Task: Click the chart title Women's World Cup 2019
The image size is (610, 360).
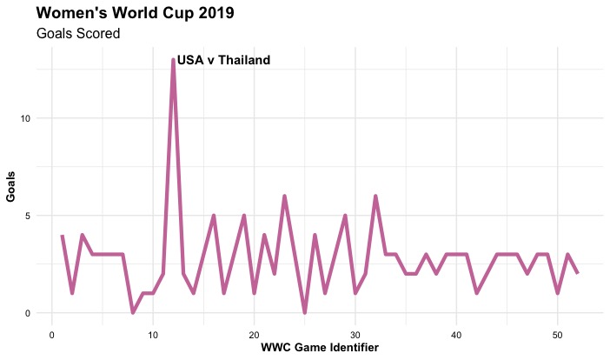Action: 135,13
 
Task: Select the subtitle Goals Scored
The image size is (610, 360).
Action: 78,33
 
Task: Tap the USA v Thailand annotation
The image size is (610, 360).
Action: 223,60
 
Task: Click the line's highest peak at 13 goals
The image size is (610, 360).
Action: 173,60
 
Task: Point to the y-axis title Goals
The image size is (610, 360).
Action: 10,186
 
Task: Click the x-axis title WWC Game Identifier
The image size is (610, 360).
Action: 320,347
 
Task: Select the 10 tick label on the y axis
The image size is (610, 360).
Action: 25,118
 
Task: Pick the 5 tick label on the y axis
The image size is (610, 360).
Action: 28,216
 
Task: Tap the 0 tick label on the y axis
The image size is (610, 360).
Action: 28,313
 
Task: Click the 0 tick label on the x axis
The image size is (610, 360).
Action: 52,335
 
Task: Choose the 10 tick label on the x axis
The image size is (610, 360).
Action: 153,335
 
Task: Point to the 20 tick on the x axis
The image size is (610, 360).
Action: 254,335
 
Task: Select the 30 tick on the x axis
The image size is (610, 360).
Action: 355,335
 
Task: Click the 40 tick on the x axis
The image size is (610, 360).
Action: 456,335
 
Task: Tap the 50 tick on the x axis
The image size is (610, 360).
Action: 558,335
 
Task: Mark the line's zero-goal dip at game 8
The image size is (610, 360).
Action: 133,312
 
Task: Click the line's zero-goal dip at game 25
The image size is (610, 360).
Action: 305,312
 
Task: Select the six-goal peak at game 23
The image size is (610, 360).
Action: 284,197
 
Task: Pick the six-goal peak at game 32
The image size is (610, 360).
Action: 375,197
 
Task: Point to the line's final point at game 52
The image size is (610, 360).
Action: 578,274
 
